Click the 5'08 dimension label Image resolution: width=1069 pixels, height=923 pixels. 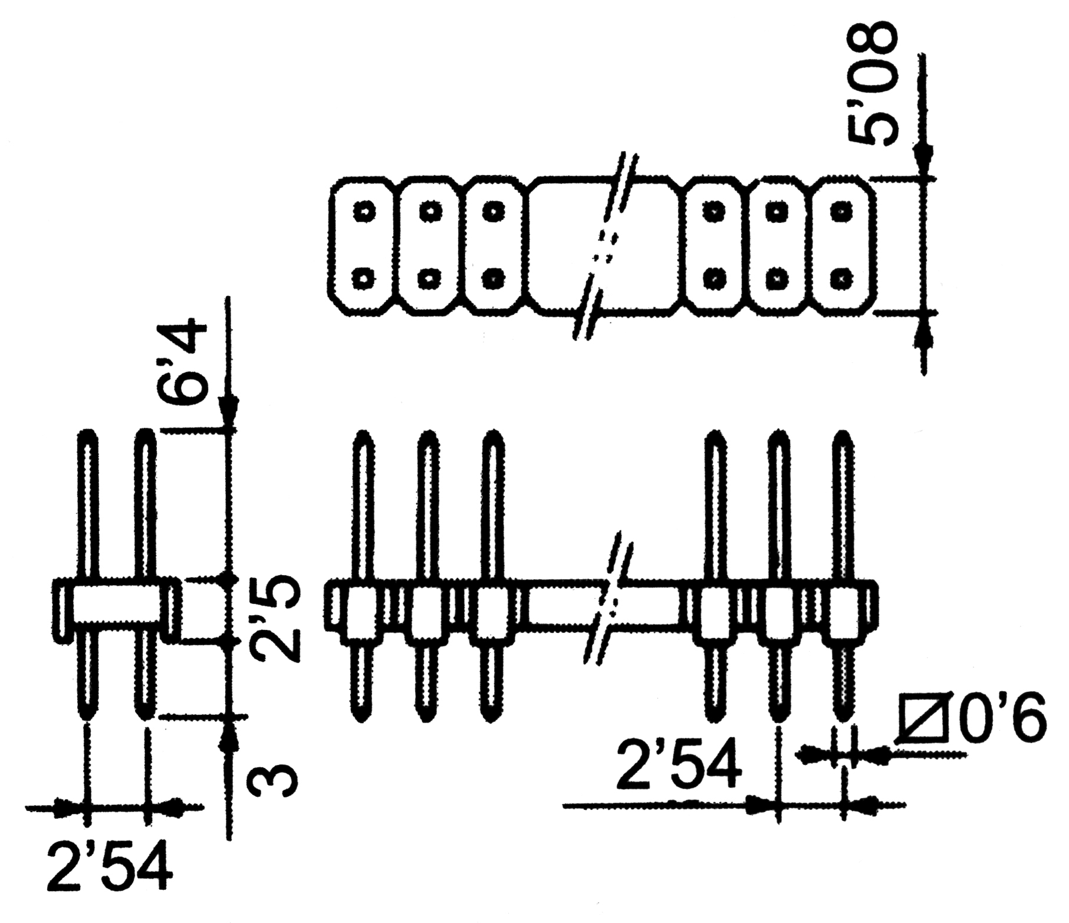tap(872, 83)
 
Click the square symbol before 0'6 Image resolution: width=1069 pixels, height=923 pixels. tap(925, 720)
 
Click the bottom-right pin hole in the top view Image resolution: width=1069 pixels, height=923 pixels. tap(841, 277)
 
